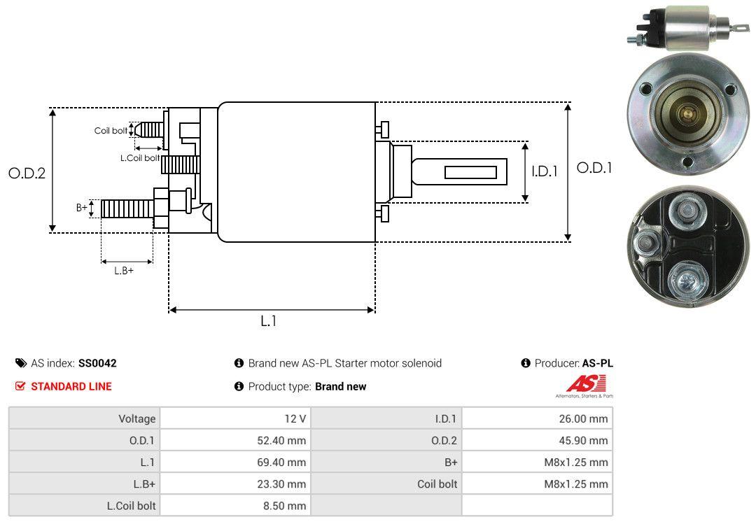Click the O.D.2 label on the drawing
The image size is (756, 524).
[x=27, y=173]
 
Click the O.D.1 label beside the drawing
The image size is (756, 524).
[x=594, y=168]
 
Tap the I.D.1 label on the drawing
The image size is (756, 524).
[x=545, y=171]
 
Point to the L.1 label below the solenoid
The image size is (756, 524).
[x=269, y=321]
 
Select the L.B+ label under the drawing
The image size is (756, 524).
[x=124, y=271]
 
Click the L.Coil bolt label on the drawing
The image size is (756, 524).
[x=140, y=157]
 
